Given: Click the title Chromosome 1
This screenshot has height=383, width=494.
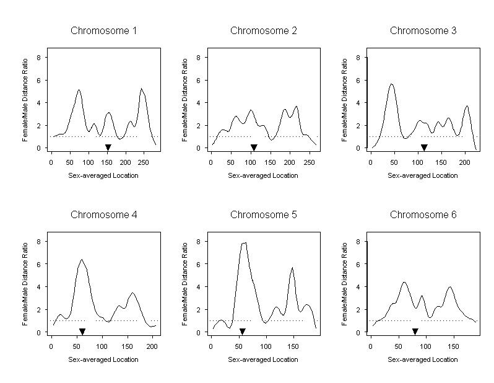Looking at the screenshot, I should coord(103,30).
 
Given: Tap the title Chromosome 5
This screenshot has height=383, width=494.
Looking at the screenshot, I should coord(263,215).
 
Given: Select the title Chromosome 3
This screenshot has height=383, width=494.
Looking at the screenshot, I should coord(423,30).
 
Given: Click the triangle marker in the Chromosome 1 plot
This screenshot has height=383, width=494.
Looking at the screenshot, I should coord(108,147).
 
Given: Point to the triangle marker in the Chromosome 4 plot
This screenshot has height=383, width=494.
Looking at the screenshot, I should coord(82,332).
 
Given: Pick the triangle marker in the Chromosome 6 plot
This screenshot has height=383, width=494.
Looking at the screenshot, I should coord(415,332).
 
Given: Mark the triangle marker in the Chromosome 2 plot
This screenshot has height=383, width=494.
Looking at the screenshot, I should coord(253,147).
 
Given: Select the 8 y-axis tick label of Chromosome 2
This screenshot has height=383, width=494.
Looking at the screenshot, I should coord(197,58).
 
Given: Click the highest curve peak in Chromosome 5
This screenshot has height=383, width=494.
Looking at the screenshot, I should coord(245,242).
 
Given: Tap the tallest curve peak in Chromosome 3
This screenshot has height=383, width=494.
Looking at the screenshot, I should coord(391,84).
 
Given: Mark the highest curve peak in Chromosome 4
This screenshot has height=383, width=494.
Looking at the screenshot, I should coord(81,260).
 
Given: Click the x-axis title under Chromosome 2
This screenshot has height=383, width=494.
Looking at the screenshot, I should coord(262,175).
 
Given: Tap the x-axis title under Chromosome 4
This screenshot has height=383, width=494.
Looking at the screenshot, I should coord(103,360).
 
